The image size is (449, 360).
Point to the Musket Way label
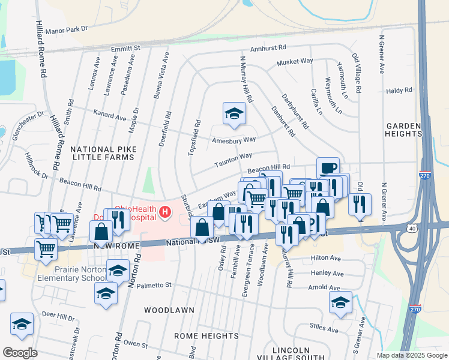(x=295, y=62)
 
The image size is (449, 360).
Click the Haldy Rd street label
(x=400, y=90)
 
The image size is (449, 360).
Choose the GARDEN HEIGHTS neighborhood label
(x=404, y=130)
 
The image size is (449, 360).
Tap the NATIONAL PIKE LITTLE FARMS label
(x=103, y=153)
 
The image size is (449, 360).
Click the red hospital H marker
(x=164, y=212)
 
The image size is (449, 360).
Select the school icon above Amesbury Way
(x=234, y=113)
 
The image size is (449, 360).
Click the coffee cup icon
(x=328, y=168)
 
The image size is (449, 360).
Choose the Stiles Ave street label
(x=324, y=328)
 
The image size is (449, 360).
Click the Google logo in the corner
(x=20, y=353)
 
